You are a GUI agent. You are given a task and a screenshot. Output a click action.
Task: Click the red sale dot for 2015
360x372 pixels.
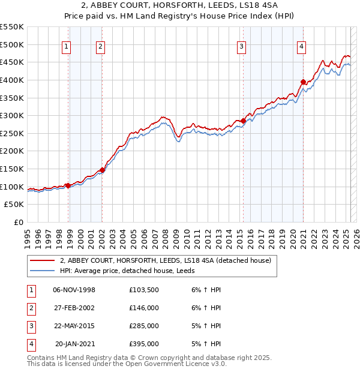[x=243, y=121]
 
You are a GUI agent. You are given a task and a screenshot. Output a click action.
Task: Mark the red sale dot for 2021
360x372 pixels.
[x=303, y=82]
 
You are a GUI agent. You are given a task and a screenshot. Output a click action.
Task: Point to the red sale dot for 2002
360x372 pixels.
[x=102, y=170]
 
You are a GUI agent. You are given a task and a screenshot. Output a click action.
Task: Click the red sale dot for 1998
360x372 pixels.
[x=68, y=185]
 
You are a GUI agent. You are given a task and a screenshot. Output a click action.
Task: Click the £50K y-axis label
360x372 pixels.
[x=14, y=205]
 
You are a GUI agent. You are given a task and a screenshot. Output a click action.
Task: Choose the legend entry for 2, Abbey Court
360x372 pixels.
[x=166, y=260]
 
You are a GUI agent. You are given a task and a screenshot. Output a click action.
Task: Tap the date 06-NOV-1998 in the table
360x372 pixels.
[x=74, y=290]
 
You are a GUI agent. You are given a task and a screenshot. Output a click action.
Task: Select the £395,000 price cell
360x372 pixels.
[x=144, y=344]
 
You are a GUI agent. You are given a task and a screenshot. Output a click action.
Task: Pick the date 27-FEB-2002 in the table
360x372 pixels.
[x=74, y=308]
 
